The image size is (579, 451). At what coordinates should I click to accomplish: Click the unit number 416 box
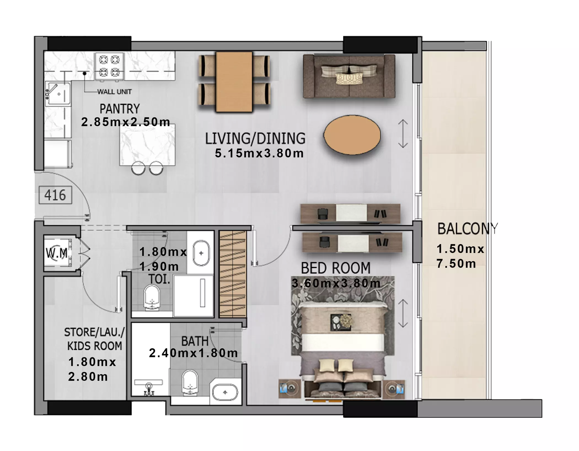pos(55,195)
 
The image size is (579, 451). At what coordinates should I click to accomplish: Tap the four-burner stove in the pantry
pos(109,66)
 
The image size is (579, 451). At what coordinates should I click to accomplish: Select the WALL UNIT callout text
pos(114,92)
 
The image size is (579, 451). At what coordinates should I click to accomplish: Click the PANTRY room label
pos(120,109)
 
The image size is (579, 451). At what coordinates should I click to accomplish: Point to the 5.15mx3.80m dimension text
pos(259,153)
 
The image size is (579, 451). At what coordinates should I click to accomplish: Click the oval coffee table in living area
pos(352,135)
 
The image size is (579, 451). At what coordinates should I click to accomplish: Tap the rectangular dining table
pos(234,82)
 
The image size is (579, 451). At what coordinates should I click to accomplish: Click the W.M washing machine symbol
pos(57,253)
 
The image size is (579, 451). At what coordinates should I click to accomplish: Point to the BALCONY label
pos(468,229)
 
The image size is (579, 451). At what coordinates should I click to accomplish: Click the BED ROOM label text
pos(336,268)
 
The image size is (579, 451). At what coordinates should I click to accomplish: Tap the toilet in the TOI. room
pos(152,298)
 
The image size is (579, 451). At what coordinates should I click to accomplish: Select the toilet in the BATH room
pos(190,383)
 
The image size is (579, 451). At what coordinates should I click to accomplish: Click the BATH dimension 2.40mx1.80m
pos(193,353)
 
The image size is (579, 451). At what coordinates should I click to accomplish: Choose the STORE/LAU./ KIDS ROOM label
pos(94,339)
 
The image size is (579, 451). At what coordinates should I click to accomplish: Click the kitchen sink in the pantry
pos(58,93)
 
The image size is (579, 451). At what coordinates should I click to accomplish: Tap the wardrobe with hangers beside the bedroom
pos(233,274)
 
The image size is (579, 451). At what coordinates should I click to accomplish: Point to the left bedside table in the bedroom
pos(289,389)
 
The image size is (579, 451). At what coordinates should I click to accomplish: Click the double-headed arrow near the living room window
pos(403,134)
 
